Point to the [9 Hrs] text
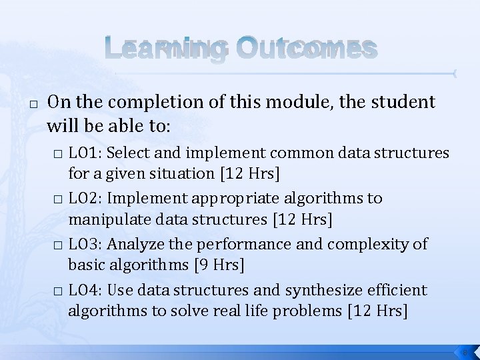click(x=219, y=265)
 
